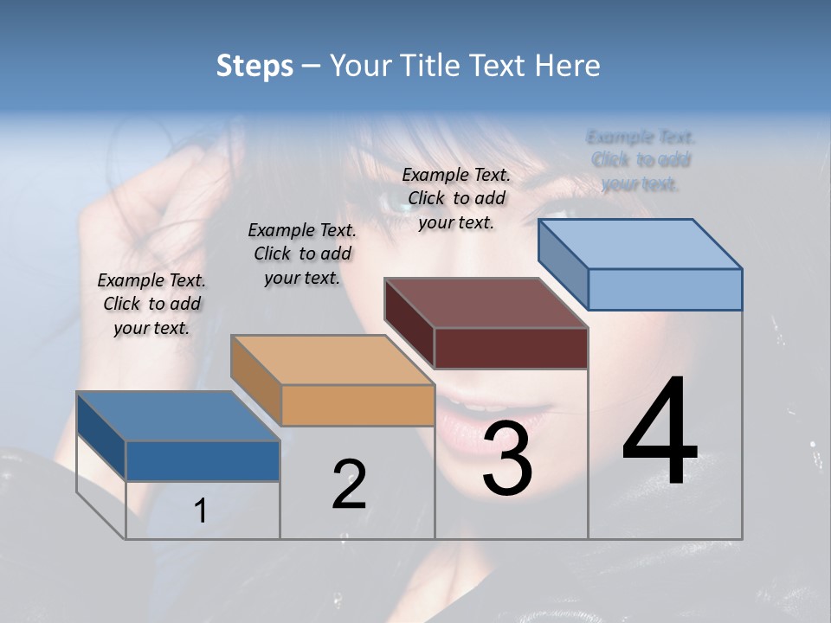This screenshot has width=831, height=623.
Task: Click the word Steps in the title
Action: [254, 66]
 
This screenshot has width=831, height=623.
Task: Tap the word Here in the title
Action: [567, 66]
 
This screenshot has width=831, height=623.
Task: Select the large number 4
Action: [660, 433]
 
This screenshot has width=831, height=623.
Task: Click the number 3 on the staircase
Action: [508, 459]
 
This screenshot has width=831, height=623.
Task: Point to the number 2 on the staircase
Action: [349, 485]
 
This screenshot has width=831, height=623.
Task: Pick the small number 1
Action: [201, 511]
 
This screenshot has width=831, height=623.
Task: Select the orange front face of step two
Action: [358, 405]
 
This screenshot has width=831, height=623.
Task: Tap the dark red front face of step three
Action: [511, 348]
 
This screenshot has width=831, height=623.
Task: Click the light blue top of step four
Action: [641, 243]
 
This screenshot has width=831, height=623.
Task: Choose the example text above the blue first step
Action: [151, 304]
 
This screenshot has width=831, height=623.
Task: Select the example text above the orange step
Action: [302, 254]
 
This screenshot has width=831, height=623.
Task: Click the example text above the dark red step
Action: [456, 198]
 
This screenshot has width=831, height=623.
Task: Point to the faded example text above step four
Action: [641, 160]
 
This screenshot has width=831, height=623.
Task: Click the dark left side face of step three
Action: [409, 322]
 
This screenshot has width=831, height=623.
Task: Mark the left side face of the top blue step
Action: [563, 263]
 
